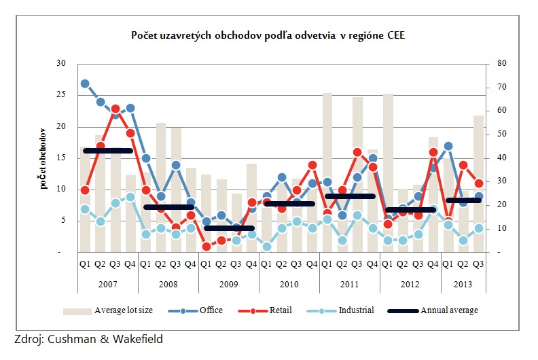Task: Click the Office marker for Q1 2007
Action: pos(85,84)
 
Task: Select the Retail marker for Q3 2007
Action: pos(115,109)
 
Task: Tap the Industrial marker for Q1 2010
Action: pos(266,247)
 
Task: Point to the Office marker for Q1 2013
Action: pos(448,146)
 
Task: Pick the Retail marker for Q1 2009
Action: pos(207,247)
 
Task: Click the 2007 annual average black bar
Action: pos(107,150)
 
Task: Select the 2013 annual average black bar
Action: pos(463,200)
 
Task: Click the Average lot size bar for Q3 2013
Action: pos(478,183)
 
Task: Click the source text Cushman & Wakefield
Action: pos(88,339)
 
